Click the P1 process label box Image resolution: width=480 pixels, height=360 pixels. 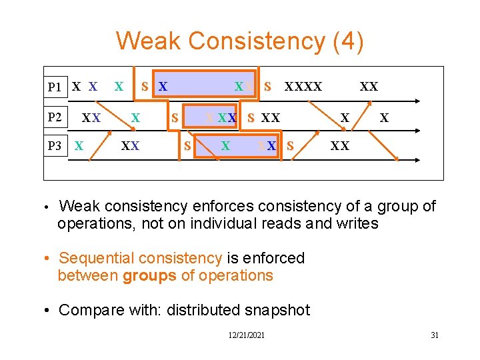tap(55, 87)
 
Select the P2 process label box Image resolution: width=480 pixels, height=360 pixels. tap(55, 118)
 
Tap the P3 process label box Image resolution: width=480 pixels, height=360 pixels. tap(55, 146)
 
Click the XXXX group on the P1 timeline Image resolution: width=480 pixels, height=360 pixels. tap(303, 87)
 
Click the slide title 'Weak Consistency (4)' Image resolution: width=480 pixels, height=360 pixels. tap(240, 41)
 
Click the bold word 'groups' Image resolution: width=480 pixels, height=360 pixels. tap(150, 275)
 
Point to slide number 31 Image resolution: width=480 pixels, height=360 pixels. tap(434, 335)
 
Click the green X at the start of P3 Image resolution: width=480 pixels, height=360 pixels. tap(79, 146)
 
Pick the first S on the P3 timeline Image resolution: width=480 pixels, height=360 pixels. tap(187, 146)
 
